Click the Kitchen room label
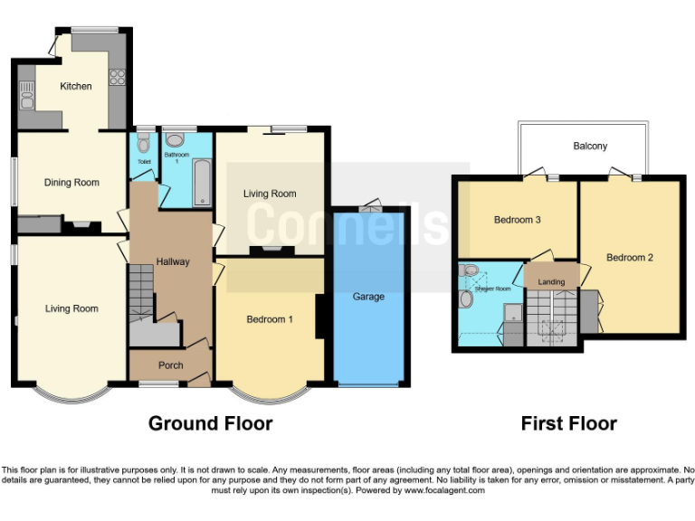(x=76, y=87)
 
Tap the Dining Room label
(x=71, y=183)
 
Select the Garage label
(x=368, y=297)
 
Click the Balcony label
(x=590, y=146)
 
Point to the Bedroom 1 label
(x=270, y=319)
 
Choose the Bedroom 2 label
(x=630, y=258)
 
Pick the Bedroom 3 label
(x=518, y=220)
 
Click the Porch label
(x=170, y=365)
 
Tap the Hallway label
(x=172, y=262)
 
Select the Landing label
(x=551, y=282)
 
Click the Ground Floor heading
(x=210, y=423)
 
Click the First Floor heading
(x=568, y=423)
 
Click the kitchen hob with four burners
(x=117, y=78)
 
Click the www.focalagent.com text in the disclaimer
(x=445, y=490)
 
